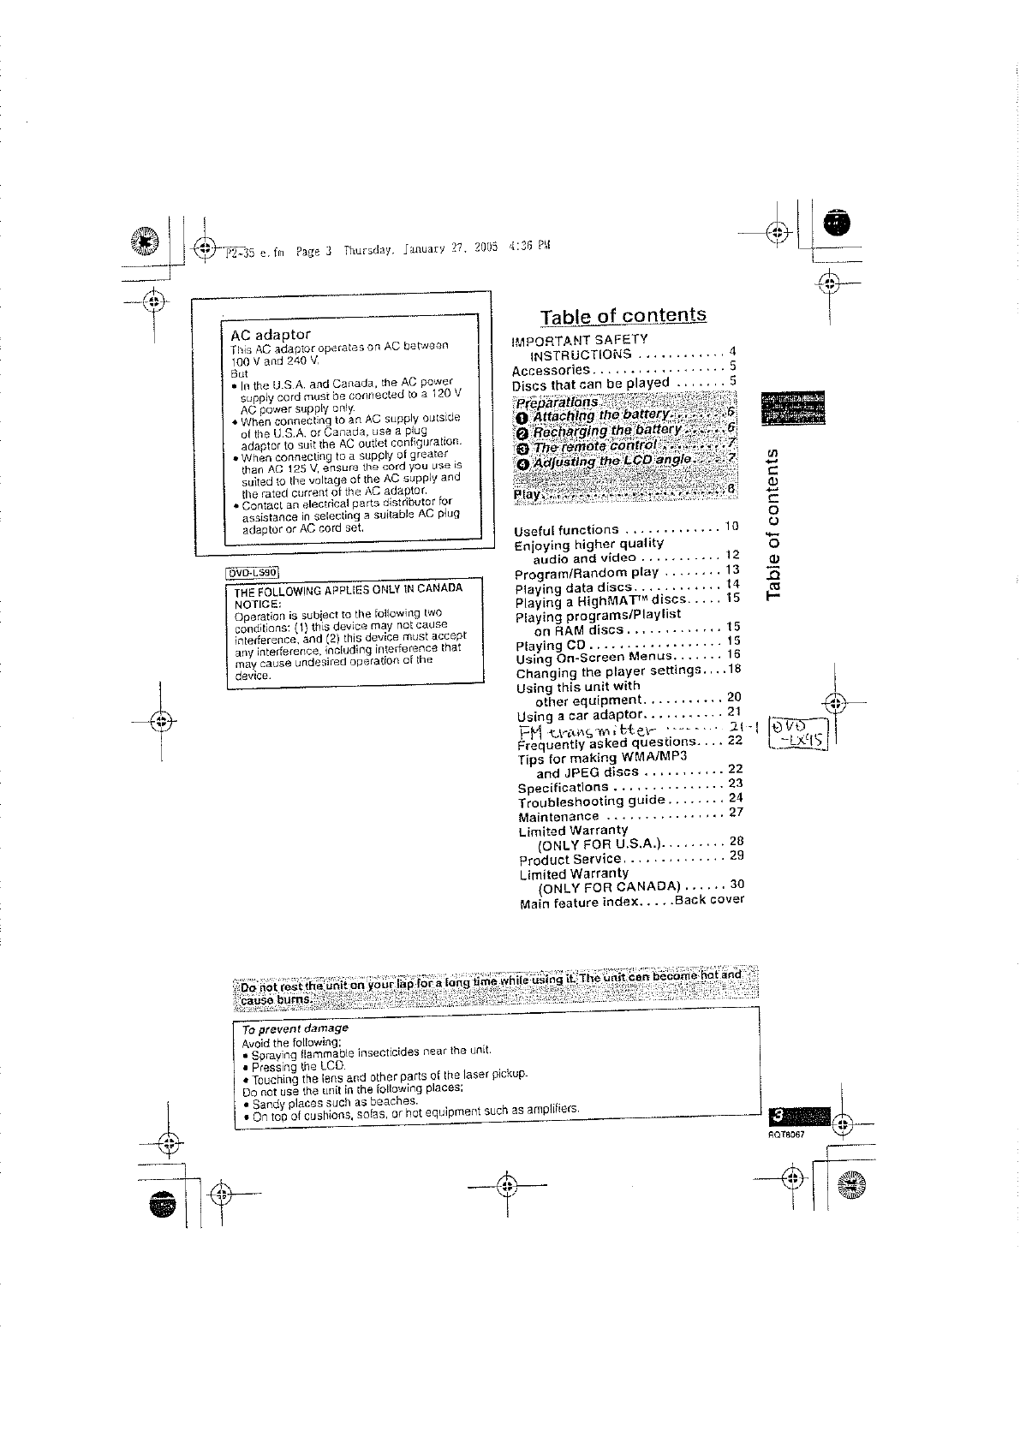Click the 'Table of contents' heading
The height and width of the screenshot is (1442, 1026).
(x=623, y=315)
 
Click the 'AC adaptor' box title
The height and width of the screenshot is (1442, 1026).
(x=271, y=334)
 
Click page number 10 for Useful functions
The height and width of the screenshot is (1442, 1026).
(x=732, y=525)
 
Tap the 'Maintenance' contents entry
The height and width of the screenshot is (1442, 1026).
(x=559, y=817)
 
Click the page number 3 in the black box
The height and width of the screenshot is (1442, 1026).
(x=778, y=1116)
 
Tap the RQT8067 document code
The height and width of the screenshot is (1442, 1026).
(x=785, y=1133)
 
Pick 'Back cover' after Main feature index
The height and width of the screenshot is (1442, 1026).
(x=709, y=900)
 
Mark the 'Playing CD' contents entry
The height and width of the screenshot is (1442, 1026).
(x=551, y=646)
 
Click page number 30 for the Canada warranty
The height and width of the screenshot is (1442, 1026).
(x=737, y=885)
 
